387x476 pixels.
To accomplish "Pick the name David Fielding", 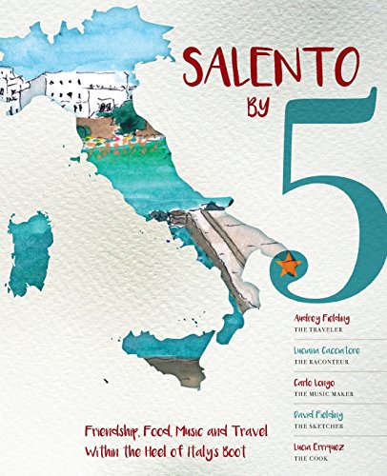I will [316, 415].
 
